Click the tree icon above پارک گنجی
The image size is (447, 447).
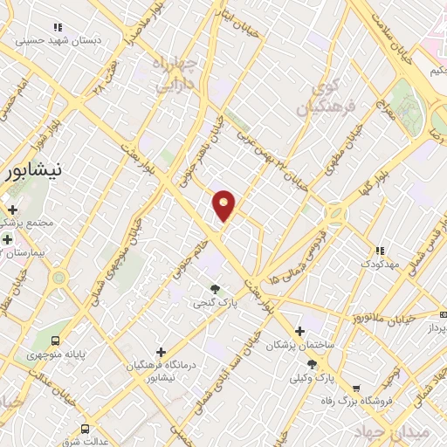point(215,289)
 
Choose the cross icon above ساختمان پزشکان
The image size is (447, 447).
point(300,332)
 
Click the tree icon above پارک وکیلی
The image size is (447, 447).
point(312,364)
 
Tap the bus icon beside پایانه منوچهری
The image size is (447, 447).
point(57,341)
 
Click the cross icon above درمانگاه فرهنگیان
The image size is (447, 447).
point(160,352)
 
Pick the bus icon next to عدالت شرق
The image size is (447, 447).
point(85,429)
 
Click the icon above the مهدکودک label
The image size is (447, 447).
point(378,250)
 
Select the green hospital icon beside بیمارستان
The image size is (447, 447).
point(7,238)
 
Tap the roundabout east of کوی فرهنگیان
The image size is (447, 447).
point(335,213)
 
